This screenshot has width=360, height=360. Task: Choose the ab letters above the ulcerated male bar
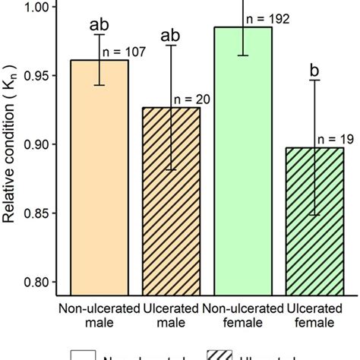(x=171, y=33)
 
